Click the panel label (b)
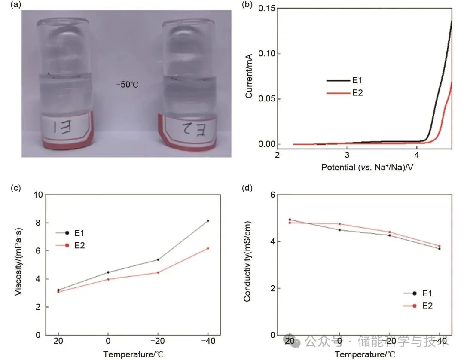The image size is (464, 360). click(247, 5)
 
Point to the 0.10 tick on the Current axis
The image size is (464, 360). click(267, 53)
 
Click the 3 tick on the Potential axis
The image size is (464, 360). click(347, 155)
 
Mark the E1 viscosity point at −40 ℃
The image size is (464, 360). click(208, 221)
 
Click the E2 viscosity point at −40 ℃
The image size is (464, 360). click(208, 248)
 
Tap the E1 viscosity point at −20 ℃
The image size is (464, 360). click(158, 259)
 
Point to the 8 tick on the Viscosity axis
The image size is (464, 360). click(39, 223)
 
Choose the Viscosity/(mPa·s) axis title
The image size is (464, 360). click(18, 265)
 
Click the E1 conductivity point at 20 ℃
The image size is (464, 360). click(290, 220)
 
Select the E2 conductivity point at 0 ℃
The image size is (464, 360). click(340, 224)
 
